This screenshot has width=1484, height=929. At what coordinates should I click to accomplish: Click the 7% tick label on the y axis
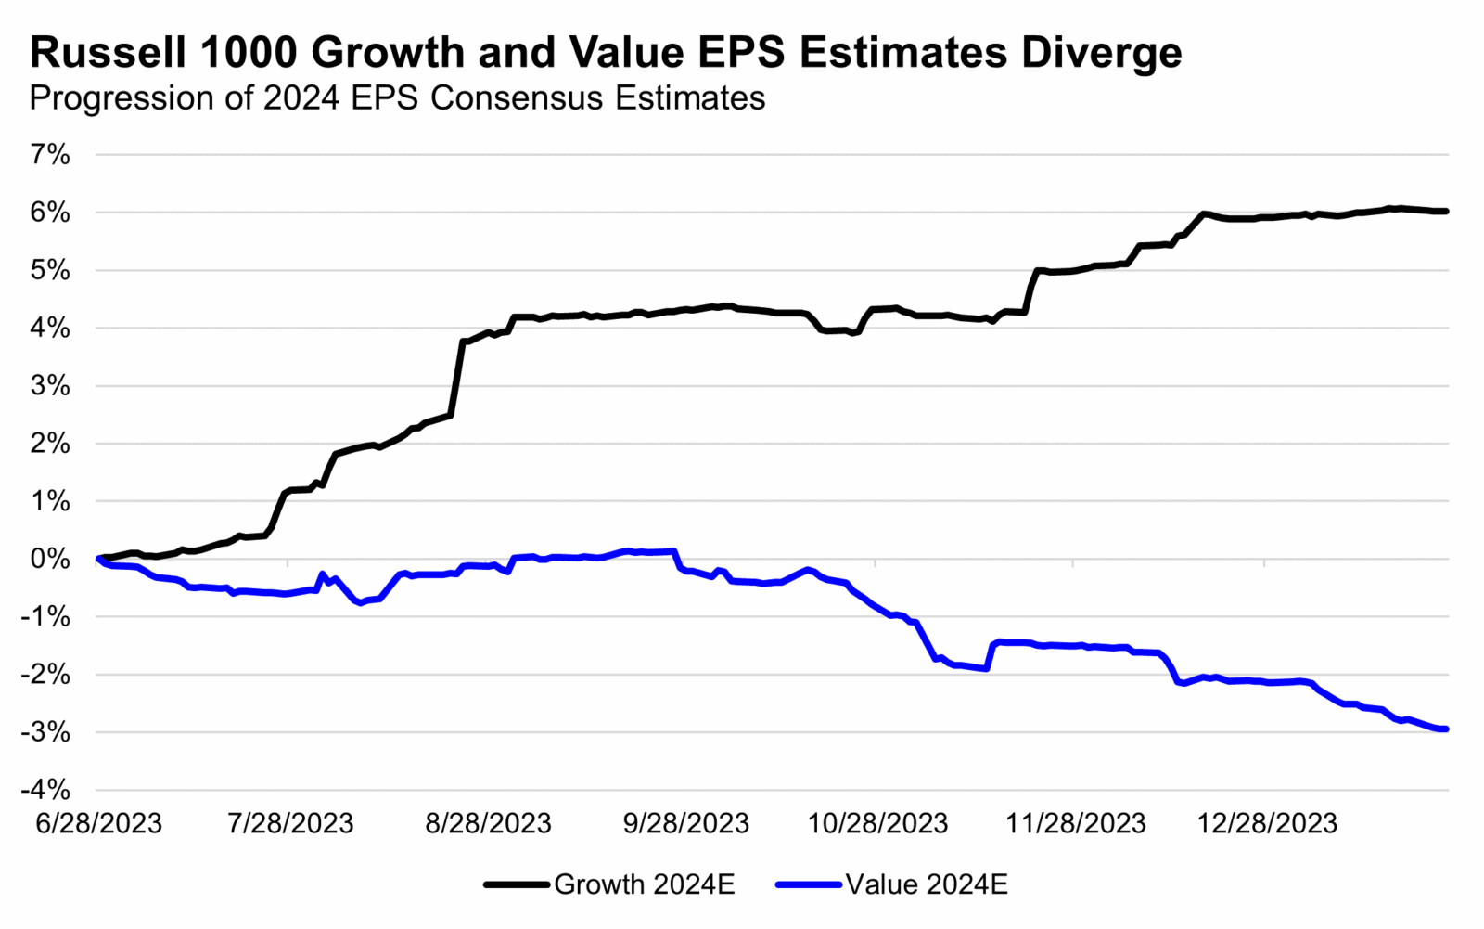(x=51, y=155)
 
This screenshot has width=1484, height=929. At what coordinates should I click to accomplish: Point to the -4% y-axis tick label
(x=46, y=790)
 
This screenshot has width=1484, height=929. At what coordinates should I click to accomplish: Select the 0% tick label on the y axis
(x=51, y=559)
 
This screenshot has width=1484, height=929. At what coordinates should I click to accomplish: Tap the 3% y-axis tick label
(x=51, y=386)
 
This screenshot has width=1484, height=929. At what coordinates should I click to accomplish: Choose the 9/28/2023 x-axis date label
(x=686, y=823)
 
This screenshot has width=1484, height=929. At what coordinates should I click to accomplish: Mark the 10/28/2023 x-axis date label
(x=878, y=823)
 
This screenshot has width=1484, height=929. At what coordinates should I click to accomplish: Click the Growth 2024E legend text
(x=645, y=884)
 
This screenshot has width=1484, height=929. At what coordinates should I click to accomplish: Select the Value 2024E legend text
(x=927, y=884)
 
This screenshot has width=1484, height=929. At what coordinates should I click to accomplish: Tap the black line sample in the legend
(x=517, y=884)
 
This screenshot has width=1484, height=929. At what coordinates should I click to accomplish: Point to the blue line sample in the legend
(x=809, y=884)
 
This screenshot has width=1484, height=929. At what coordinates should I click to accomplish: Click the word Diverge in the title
(x=1102, y=53)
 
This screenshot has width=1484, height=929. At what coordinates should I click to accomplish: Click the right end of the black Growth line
(x=1446, y=212)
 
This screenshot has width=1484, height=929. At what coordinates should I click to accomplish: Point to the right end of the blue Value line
(x=1446, y=729)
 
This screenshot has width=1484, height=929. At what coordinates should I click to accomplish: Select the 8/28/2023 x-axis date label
(x=489, y=823)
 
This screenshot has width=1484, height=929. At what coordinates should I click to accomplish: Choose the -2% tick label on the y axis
(x=46, y=675)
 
